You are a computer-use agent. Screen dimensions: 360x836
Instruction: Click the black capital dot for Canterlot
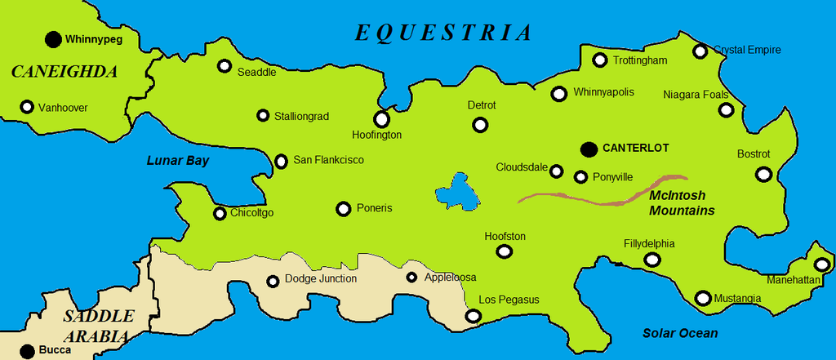pos(589,149)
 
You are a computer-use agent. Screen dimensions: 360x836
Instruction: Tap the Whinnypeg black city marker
pos(53,38)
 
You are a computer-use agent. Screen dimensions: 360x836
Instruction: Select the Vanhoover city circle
pos(27,107)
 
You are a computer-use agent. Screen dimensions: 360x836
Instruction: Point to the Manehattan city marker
pos(821,264)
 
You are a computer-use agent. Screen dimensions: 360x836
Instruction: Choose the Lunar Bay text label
pos(178,161)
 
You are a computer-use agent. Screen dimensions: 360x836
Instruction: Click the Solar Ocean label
pos(680,333)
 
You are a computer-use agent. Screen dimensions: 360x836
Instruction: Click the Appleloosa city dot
pos(411,278)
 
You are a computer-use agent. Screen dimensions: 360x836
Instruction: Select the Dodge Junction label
pos(321,279)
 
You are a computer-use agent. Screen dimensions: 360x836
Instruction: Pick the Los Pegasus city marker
pos(472,316)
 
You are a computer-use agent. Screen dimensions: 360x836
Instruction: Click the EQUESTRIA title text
pos(443,33)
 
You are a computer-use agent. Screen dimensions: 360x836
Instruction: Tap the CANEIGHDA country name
pos(64,72)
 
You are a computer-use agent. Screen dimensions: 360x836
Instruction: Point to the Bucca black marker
pos(27,351)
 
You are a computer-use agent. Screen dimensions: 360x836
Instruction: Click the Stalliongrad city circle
pos(263,116)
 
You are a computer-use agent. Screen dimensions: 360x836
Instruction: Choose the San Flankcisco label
pos(328,160)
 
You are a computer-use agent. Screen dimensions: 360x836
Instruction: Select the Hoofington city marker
pos(381,119)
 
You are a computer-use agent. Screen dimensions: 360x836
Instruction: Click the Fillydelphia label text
pos(649,243)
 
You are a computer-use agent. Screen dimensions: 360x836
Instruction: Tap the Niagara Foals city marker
pos(726,109)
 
